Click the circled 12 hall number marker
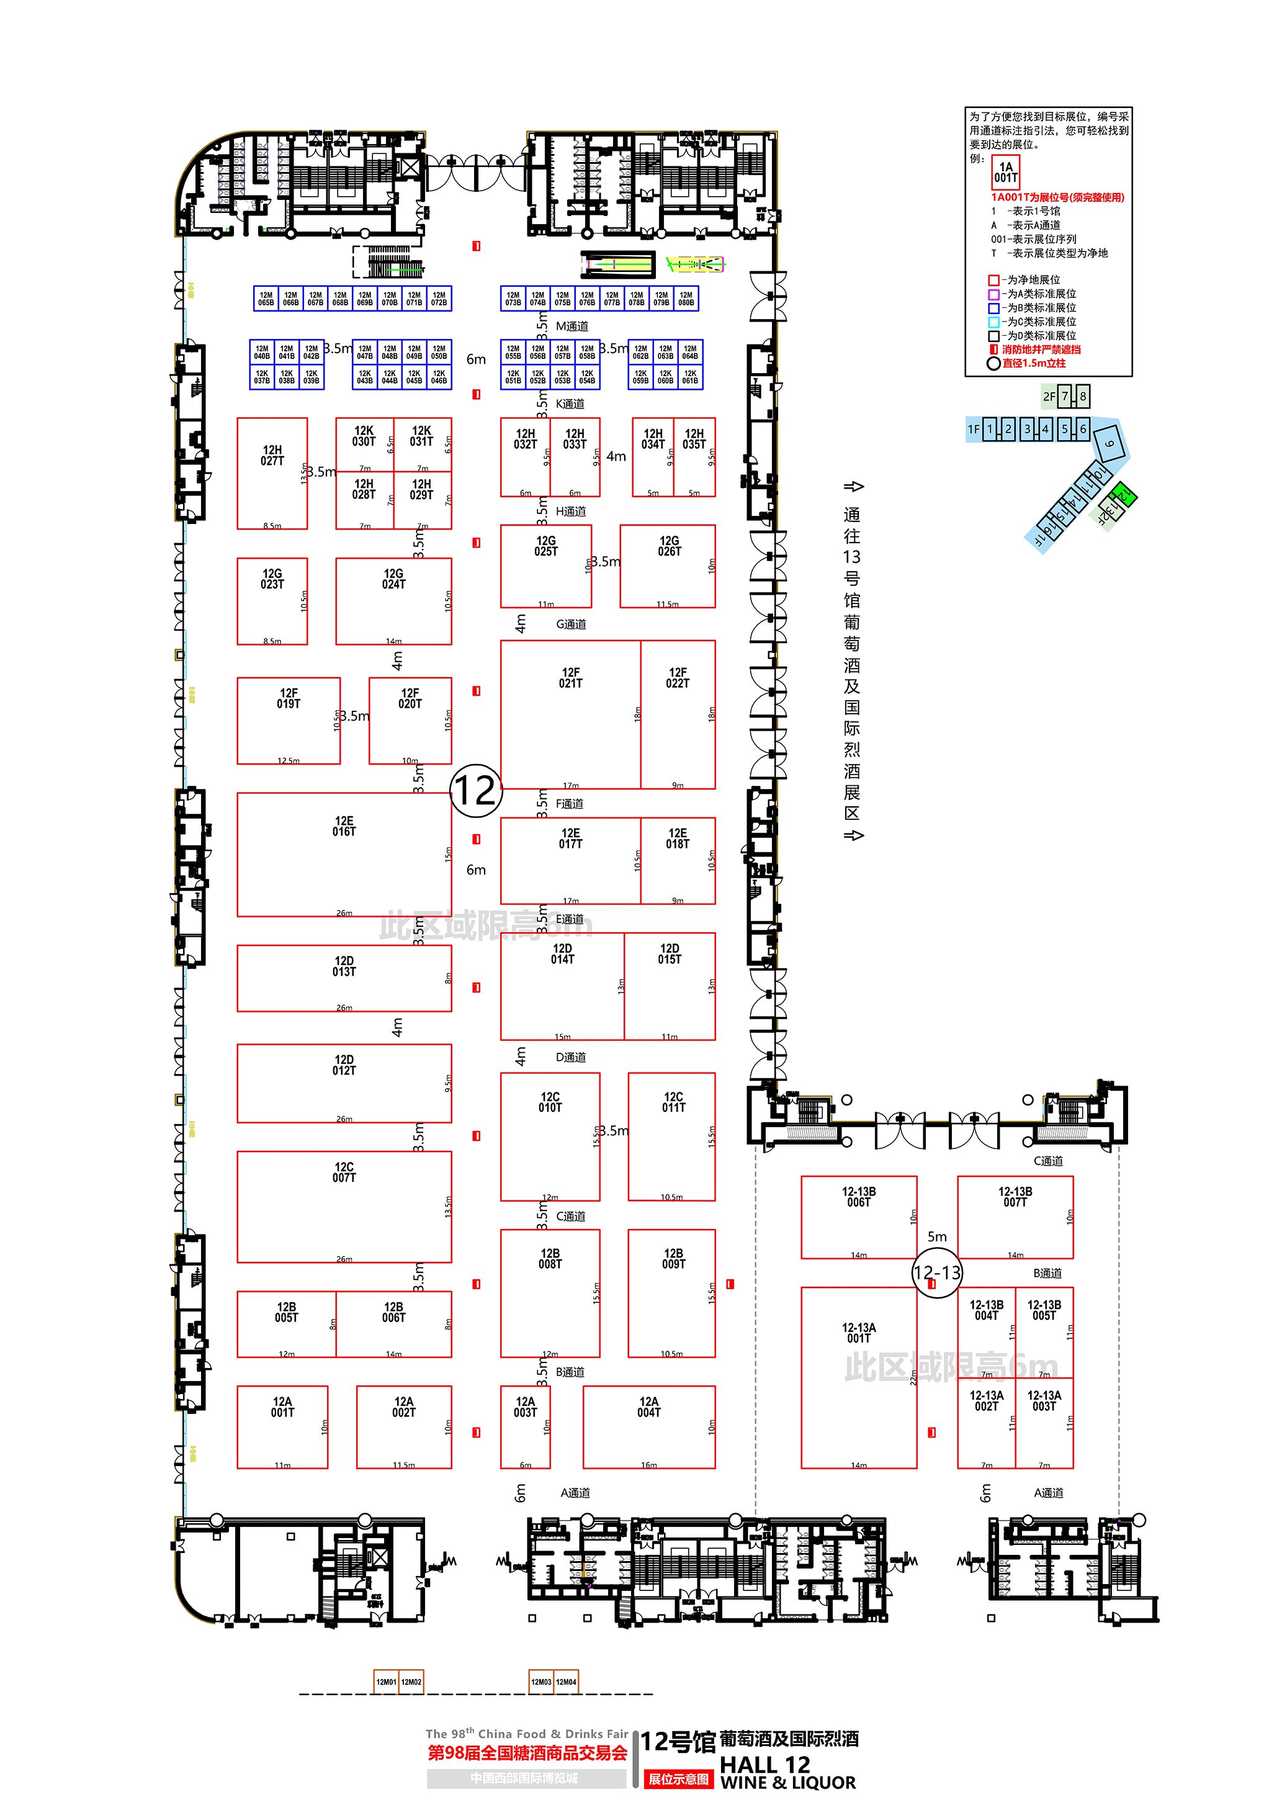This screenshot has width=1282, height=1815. coord(476,790)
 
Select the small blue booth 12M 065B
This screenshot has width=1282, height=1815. coord(266,298)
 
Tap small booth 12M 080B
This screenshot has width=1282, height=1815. coord(686,298)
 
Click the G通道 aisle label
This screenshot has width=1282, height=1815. coord(571,624)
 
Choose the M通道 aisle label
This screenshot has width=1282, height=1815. coord(572,326)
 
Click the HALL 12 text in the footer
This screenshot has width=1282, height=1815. coord(764,1763)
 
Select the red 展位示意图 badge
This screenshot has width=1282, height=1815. coord(678,1778)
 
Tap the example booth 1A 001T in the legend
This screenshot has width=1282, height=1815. coord(1005,171)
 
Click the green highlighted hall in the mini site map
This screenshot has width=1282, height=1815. coord(1123,495)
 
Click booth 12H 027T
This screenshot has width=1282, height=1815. coord(272,473)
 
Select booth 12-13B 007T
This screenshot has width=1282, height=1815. coord(1015,1217)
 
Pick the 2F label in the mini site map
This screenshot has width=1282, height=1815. coord(1049,396)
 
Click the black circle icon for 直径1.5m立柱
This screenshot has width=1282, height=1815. coord(993,364)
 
